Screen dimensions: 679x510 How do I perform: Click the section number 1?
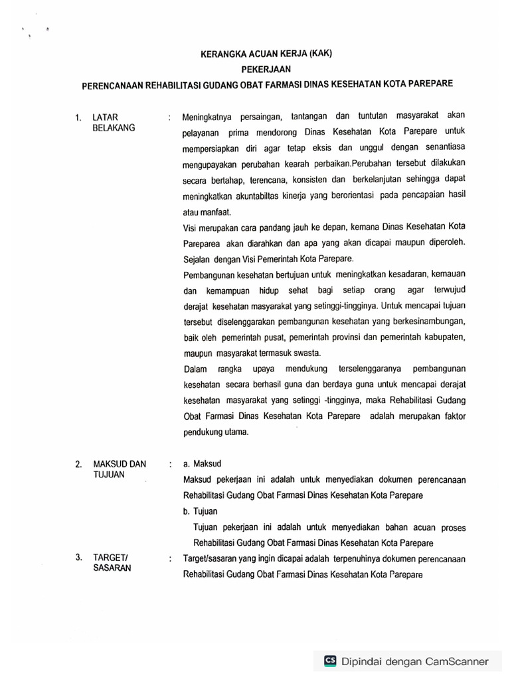pos(79,119)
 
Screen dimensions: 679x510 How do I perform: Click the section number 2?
pos(79,465)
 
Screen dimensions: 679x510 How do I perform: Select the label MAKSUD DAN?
pos(120,464)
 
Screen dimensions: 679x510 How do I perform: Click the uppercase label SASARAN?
pos(112,569)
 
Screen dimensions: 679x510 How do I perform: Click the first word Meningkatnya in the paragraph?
pos(209,118)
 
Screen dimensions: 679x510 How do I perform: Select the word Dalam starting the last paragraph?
pos(196,369)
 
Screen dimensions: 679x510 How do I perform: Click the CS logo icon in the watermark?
pos(330,660)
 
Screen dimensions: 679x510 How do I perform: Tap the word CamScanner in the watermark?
pos(457,661)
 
